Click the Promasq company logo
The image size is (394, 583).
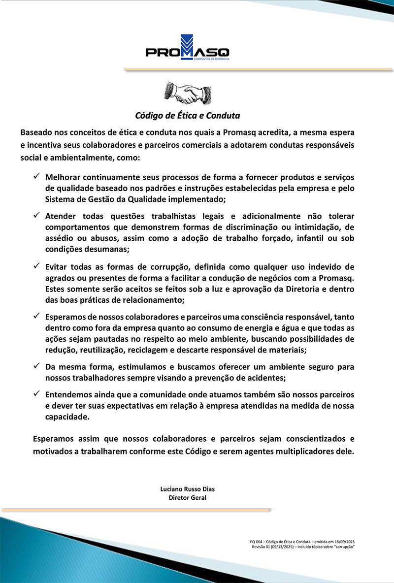tap(188, 48)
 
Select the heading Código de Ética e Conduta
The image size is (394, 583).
tap(188, 116)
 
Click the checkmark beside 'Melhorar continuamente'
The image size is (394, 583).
tap(37, 176)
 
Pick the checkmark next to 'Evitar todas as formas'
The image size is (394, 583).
tap(37, 266)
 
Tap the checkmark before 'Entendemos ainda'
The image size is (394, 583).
tap(37, 394)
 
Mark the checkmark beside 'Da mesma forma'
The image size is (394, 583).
tap(37, 366)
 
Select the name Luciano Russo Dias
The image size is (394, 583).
tap(187, 489)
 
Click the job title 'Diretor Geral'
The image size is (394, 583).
tap(187, 498)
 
